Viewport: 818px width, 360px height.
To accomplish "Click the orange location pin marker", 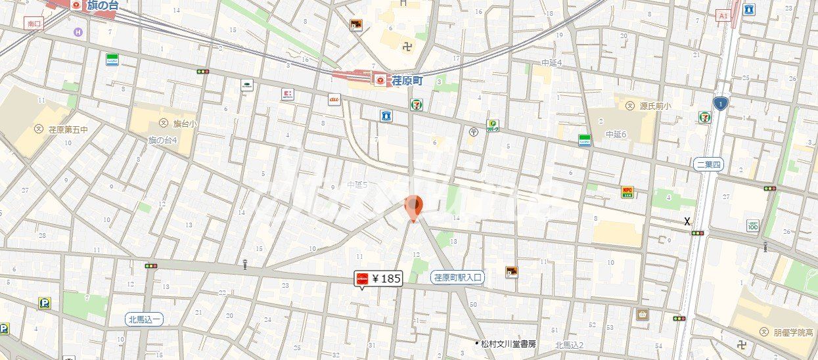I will (x=413, y=208).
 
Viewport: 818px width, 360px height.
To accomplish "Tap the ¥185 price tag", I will (x=378, y=279).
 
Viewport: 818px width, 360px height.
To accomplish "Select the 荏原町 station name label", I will (x=407, y=80).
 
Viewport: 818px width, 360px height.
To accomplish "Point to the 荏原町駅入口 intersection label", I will (x=458, y=278).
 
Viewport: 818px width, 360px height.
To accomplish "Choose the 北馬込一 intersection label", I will (x=145, y=319).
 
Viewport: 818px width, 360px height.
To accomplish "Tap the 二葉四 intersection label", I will (x=708, y=164).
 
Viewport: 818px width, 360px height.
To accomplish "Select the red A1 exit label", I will (x=723, y=15).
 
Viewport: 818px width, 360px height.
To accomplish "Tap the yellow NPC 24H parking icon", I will (x=627, y=192).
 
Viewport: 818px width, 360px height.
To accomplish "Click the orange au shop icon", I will (x=334, y=99).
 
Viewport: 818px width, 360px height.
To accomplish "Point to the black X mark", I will (x=687, y=221).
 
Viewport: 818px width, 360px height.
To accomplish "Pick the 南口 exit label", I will (x=34, y=24).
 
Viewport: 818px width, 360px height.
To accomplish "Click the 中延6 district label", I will (x=616, y=134).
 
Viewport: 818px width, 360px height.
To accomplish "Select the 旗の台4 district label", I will (x=161, y=140).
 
